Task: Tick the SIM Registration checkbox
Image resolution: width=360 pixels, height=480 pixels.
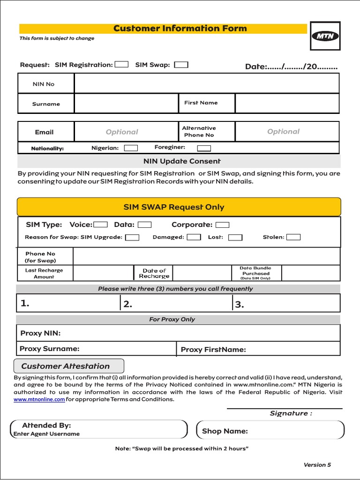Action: coord(121,65)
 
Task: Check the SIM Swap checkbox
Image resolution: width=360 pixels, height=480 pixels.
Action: coord(181,65)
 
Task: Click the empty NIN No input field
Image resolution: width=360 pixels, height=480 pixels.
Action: coord(206,84)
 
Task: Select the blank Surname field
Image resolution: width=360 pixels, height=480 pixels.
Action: coord(126,104)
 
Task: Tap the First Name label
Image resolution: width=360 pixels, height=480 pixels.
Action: coord(201,103)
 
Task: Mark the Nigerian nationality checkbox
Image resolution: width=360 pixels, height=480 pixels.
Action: coord(131,148)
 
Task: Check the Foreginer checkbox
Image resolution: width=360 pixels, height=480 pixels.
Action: coord(204,148)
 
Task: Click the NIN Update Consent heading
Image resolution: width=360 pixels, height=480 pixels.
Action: coord(182,161)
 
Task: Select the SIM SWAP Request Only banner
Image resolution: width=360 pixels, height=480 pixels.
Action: coord(179,207)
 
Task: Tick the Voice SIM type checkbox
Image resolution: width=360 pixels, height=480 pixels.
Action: coord(101,225)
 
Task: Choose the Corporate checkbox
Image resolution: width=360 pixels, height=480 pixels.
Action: coord(222,225)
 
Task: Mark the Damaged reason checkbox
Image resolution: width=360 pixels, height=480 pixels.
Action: coord(194,237)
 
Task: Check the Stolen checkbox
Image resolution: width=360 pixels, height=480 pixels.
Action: coord(293,237)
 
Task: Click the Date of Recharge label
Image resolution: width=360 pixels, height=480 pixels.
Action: coord(154,273)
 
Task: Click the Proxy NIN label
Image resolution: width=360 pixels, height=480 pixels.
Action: coord(41,333)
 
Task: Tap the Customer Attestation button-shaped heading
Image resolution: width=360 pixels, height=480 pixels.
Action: coord(69,366)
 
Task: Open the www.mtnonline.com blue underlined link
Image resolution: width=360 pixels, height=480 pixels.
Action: coord(39,399)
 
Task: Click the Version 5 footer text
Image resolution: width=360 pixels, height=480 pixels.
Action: coord(317,465)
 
